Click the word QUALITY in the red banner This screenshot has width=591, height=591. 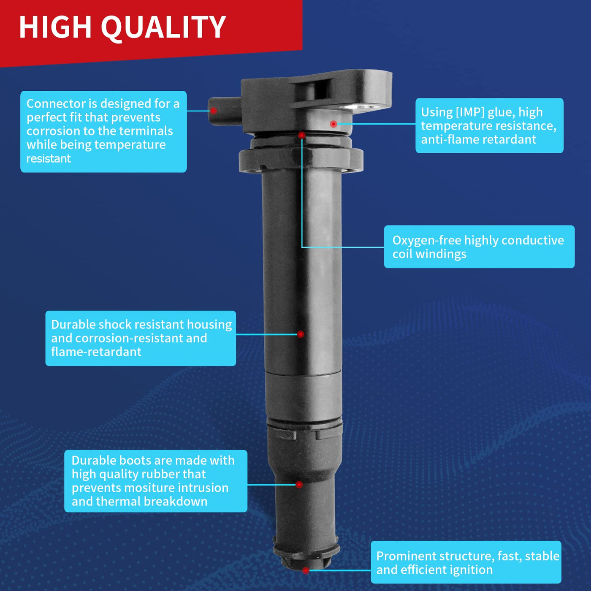tap(163, 27)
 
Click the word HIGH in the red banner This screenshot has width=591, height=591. tap(55, 27)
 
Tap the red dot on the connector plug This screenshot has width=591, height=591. tap(214, 111)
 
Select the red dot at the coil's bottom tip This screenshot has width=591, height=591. tap(306, 570)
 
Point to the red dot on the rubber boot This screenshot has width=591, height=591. tap(299, 485)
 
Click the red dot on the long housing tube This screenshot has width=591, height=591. tap(301, 334)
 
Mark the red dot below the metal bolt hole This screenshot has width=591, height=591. tap(333, 124)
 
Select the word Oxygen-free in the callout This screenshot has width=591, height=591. tap(427, 241)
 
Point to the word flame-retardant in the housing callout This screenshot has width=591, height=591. tap(96, 352)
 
